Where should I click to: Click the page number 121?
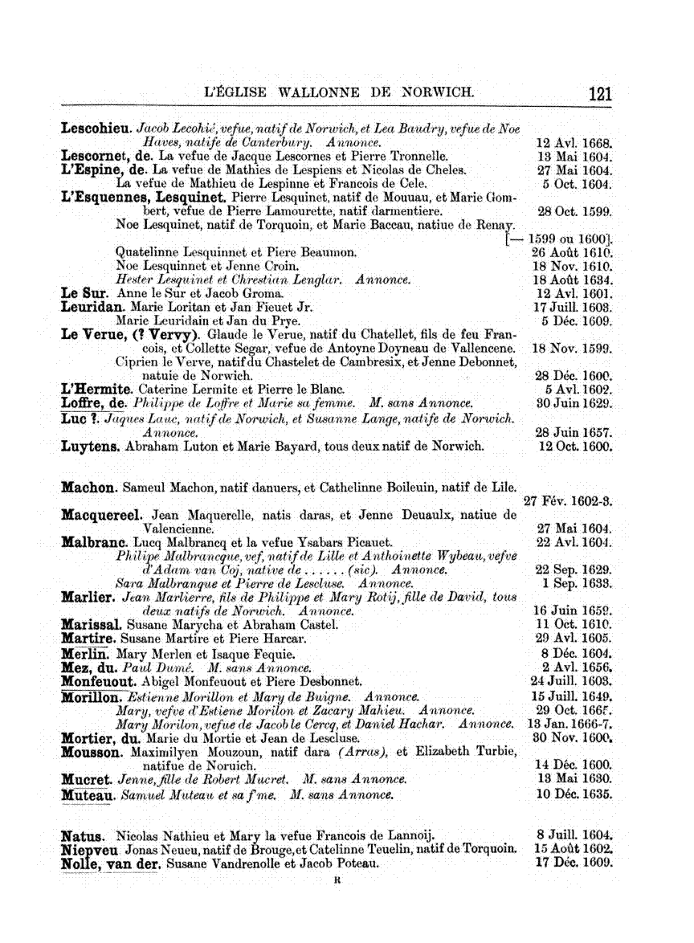coord(600,93)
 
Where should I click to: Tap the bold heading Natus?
coord(85,836)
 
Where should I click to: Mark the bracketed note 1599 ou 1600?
coord(561,239)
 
